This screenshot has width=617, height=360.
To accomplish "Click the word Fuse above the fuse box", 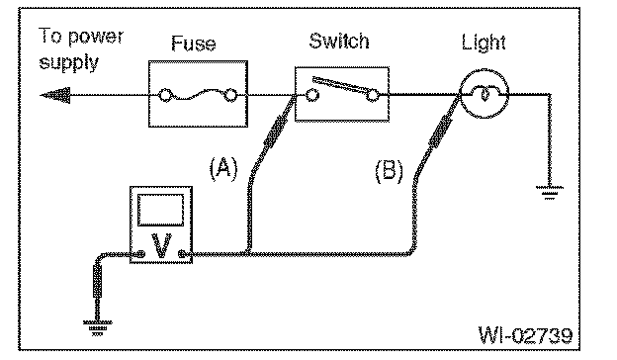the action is (194, 44).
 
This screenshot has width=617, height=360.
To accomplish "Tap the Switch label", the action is (339, 41).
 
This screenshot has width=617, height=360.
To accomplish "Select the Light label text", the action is (484, 43).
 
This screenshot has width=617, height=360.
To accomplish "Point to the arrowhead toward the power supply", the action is (55, 95).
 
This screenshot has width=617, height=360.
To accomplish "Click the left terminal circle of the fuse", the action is (165, 96).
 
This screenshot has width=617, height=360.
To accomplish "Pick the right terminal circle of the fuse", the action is (231, 96).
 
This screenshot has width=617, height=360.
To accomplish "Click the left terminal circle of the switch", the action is (312, 95).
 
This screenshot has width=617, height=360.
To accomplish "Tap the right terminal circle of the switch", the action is (372, 95).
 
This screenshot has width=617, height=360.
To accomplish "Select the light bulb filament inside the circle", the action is (485, 94).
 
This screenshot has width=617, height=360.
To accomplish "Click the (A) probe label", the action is (223, 168).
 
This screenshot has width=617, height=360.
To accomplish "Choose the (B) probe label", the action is (389, 171).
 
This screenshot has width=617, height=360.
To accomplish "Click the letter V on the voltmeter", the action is (161, 245).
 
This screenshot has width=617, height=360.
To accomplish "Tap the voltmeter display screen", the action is (160, 210).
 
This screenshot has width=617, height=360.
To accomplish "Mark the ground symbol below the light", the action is (550, 193).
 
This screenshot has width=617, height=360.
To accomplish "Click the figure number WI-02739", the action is (526, 335).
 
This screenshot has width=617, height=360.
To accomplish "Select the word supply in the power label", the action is (69, 63).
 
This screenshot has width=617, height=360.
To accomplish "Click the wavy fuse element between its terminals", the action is (198, 95).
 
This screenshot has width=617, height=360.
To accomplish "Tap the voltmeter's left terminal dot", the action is (140, 254).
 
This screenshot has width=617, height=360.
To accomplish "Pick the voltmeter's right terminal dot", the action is (181, 254).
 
